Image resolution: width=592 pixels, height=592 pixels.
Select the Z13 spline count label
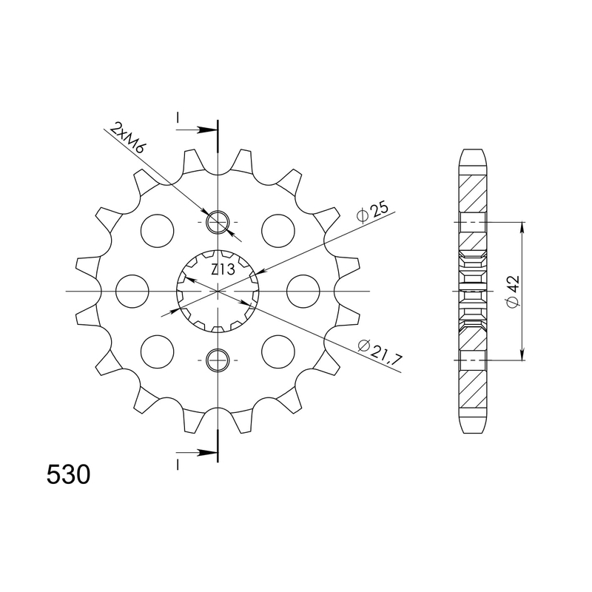[223, 270]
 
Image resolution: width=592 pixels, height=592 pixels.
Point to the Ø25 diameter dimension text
[372, 212]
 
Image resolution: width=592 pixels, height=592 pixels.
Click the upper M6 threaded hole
[218, 221]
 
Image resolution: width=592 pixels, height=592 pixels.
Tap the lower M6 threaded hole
[218, 360]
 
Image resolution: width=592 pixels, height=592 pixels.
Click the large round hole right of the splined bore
[302, 291]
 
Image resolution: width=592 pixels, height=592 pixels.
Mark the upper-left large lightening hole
[157, 230]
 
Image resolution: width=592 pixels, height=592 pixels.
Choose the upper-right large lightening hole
[278, 230]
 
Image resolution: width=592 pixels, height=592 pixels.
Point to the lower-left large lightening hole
[157, 351]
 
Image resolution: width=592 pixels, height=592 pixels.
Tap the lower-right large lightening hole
[278, 351]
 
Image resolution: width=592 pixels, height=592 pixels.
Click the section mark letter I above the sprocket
[178, 118]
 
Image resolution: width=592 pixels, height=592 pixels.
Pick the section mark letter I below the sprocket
[178, 464]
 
